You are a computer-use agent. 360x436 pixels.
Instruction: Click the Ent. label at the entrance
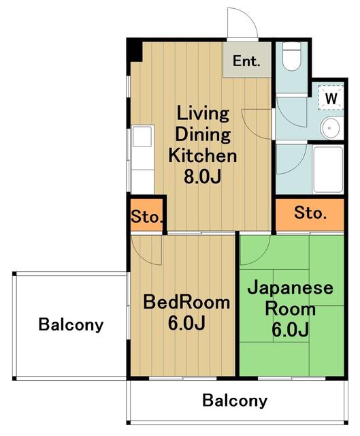[246, 61]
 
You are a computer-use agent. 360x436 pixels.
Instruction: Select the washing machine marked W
[331, 97]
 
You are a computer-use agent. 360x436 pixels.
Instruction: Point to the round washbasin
[330, 129]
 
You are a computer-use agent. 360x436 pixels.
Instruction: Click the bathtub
[328, 170]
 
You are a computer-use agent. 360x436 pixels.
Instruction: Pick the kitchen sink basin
[142, 136]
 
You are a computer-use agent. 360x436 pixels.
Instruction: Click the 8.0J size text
[203, 176]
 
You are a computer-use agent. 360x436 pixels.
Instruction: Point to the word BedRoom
[186, 302]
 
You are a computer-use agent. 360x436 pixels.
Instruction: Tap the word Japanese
[291, 287]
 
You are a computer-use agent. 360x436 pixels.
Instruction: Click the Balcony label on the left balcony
[71, 324]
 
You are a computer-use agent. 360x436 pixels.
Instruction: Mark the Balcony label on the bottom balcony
[235, 401]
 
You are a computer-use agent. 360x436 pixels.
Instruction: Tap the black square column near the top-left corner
[135, 50]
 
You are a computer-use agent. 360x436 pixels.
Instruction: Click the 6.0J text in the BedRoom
[186, 323]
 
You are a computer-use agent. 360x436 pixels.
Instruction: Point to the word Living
[203, 114]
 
